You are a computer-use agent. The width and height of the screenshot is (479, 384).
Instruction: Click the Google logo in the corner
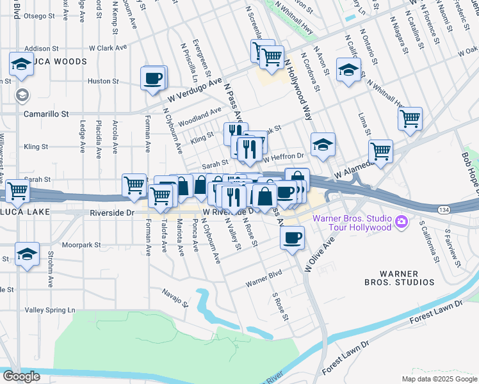pyautogui.click(x=20, y=376)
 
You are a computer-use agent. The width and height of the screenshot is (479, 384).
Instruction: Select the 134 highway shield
pyautogui.click(x=443, y=209)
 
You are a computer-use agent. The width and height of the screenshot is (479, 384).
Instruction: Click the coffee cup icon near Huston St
pyautogui.click(x=153, y=79)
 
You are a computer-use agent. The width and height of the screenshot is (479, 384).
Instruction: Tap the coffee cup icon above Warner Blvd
pyautogui.click(x=292, y=237)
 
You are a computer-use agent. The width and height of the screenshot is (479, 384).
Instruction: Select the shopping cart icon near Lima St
pyautogui.click(x=410, y=119)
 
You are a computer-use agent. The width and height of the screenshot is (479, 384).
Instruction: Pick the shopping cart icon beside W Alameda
pyautogui.click(x=380, y=152)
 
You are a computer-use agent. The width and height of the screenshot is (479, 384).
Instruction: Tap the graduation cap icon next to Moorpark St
pyautogui.click(x=28, y=254)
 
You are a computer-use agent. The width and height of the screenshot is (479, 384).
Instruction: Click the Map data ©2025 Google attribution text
pyautogui.click(x=439, y=379)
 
